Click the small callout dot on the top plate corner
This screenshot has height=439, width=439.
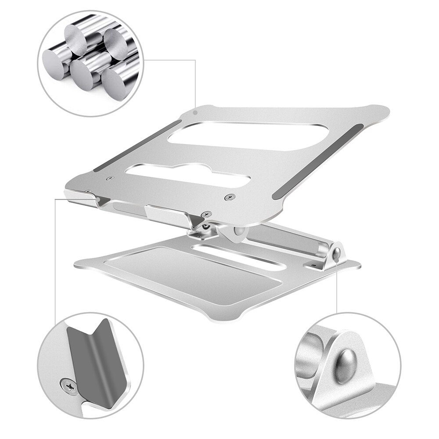point(195,112)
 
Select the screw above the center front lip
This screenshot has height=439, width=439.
point(204,214)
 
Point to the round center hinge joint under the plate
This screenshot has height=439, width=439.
point(239,232)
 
